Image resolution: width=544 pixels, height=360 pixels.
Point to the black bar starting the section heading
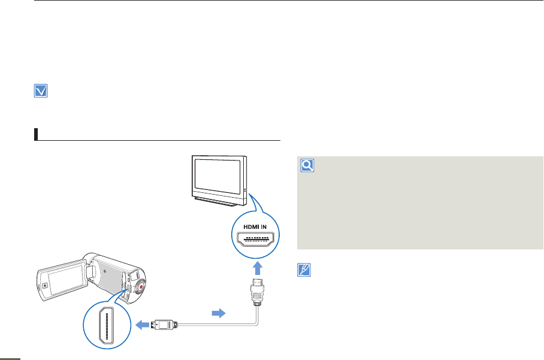pyautogui.click(x=36, y=133)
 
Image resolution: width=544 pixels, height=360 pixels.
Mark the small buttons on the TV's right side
pyautogui.click(x=244, y=191)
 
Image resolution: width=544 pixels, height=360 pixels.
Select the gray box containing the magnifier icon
pyautogui.click(x=419, y=204)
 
